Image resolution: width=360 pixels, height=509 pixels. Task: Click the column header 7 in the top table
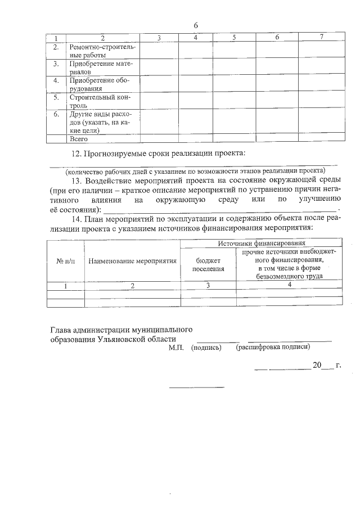click(x=321, y=37)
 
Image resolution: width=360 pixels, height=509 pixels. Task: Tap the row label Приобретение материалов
click(x=100, y=68)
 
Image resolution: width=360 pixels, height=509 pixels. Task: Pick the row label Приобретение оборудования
click(x=100, y=84)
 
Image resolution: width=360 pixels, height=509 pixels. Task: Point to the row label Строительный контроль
click(x=100, y=101)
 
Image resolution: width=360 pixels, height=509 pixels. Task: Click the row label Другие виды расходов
click(x=100, y=122)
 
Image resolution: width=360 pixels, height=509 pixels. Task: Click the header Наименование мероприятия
click(x=132, y=261)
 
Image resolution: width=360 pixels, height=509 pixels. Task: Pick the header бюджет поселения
click(x=208, y=265)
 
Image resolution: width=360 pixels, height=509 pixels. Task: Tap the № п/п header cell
click(x=65, y=261)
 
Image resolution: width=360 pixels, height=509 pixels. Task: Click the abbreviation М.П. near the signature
click(x=176, y=348)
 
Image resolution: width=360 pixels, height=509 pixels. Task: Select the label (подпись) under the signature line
click(x=206, y=348)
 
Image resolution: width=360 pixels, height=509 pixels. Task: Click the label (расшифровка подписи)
click(x=273, y=348)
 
